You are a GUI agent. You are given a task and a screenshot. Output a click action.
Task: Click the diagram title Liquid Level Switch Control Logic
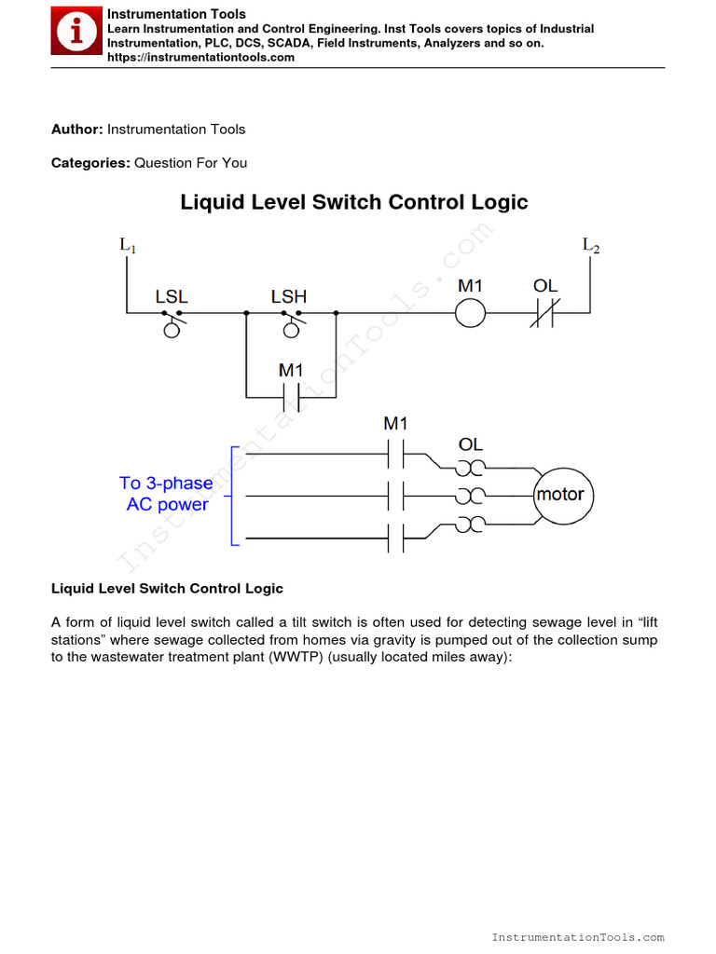353,202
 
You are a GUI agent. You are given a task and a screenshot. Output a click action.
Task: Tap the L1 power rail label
128,246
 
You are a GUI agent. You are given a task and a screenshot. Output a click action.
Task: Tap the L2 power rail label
591,246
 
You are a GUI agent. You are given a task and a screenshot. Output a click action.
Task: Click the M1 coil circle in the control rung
470,314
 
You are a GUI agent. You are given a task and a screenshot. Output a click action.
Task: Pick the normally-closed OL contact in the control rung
544,314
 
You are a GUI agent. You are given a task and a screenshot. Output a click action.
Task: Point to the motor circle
560,495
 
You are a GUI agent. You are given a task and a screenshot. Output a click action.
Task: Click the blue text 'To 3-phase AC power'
166,494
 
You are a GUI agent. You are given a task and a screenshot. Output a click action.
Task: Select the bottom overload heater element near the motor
471,524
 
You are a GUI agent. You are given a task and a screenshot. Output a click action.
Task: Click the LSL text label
172,296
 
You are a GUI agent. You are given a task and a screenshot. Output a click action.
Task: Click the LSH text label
289,296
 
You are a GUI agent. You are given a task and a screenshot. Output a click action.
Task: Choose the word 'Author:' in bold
77,129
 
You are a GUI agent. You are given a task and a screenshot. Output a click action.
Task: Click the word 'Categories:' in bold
90,163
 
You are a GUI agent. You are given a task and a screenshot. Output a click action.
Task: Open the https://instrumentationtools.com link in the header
200,58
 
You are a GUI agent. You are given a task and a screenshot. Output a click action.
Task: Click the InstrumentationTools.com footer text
578,937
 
